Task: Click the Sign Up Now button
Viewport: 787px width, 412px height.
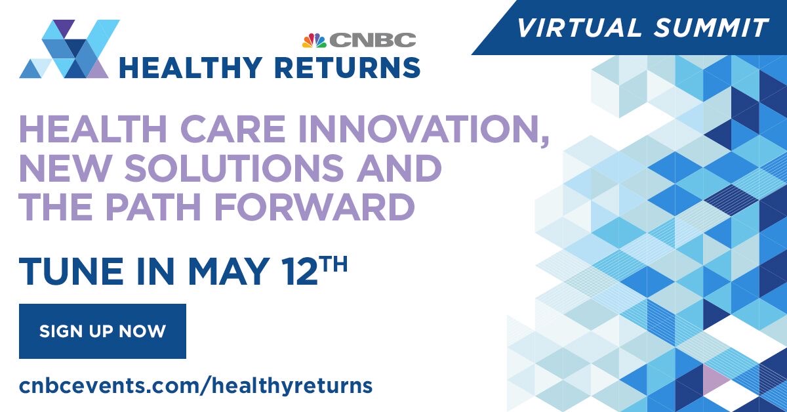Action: point(102,331)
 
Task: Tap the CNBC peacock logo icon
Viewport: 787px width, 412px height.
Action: point(314,41)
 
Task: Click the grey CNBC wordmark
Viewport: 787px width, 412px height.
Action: point(373,40)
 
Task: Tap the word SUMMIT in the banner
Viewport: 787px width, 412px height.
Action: point(711,28)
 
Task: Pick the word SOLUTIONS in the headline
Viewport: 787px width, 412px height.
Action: point(234,167)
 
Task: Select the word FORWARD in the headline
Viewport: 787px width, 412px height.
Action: point(315,206)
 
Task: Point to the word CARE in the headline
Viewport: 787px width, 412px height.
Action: point(233,129)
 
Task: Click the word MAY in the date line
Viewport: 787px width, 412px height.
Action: point(229,272)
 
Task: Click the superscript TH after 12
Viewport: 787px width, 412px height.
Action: point(334,264)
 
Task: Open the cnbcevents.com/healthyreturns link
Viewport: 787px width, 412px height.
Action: point(195,386)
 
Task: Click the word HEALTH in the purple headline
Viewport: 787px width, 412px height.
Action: point(93,129)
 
